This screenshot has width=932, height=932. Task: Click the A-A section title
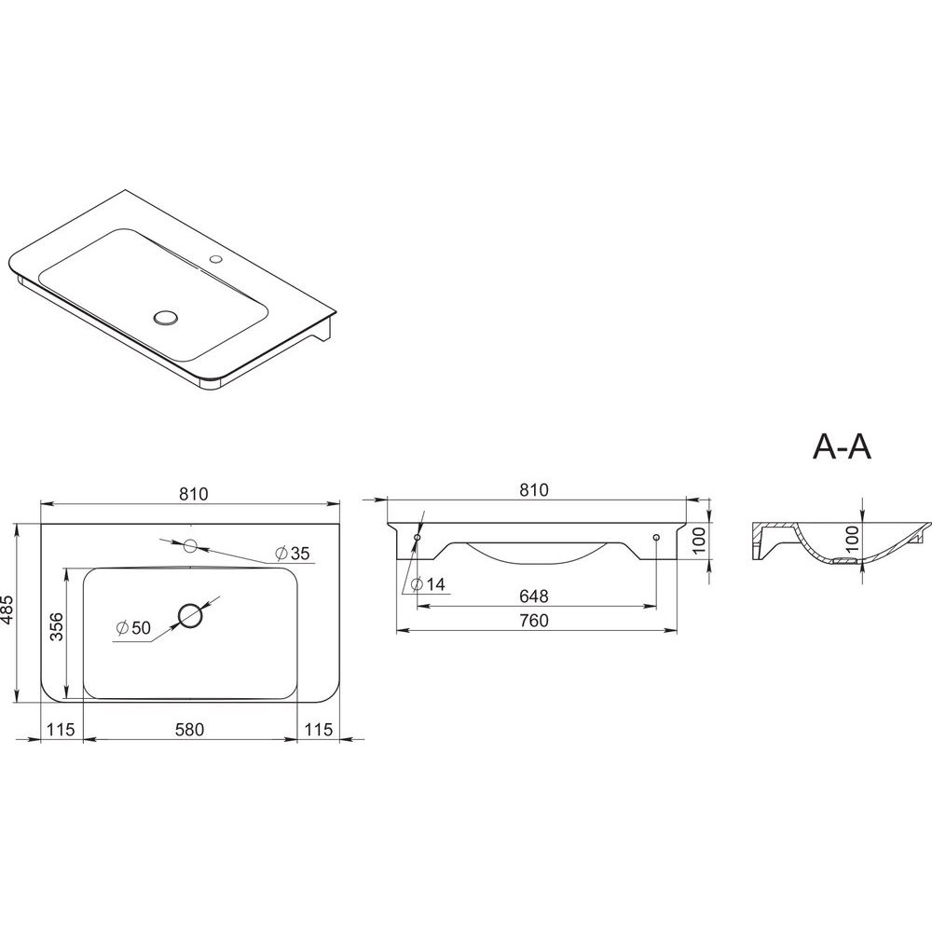[842, 446]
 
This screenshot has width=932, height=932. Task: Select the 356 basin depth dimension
[57, 626]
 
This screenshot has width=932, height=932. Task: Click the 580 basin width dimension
[189, 730]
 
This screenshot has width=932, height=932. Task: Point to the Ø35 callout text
[293, 554]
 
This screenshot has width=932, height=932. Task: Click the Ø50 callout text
[133, 627]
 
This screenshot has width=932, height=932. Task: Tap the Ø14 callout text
[428, 584]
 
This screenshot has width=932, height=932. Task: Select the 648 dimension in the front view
[534, 596]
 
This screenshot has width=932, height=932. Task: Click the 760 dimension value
[534, 621]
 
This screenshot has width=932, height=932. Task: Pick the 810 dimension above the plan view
[194, 494]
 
